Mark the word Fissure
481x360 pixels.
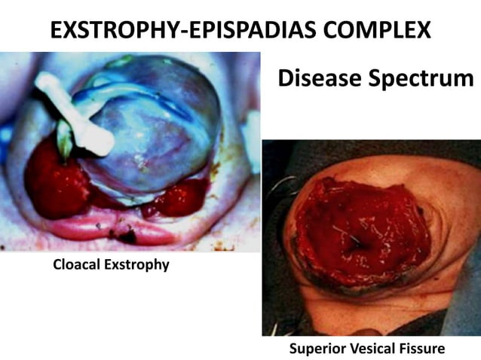[x=424, y=349]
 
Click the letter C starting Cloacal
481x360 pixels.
[x=57, y=265]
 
